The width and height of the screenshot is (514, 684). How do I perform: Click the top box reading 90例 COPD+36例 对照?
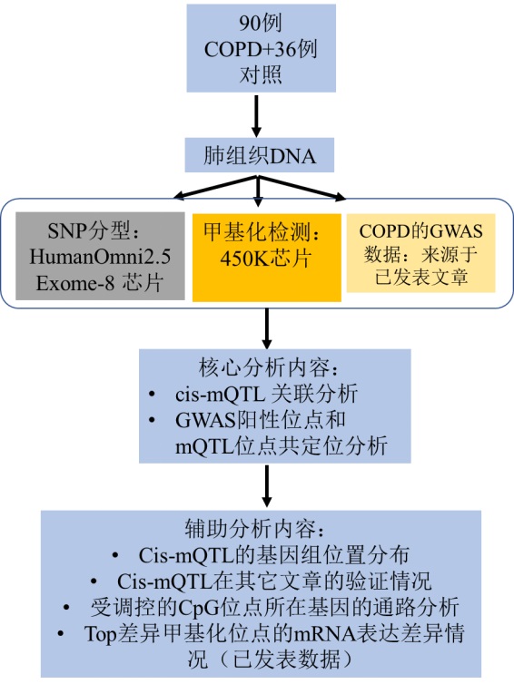coord(262,48)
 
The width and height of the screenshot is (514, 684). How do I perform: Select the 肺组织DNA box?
coord(260,155)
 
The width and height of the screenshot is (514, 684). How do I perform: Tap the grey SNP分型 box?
coord(100,256)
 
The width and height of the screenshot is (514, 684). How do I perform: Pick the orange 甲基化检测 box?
coord(267,258)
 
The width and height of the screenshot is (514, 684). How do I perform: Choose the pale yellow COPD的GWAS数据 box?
coord(421,253)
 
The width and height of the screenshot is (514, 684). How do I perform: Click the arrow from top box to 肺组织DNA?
coord(256,115)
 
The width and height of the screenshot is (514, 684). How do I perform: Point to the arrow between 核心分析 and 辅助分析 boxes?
coord(267,486)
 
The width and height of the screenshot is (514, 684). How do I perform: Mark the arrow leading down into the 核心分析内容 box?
coord(267,328)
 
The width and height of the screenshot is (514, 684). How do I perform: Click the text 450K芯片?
coord(265,259)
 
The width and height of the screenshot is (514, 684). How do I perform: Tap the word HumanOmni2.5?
coord(100,257)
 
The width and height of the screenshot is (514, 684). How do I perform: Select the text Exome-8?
coord(75,284)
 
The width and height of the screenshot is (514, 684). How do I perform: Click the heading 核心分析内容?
coord(269,367)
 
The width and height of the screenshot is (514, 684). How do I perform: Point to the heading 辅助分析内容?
coord(255,529)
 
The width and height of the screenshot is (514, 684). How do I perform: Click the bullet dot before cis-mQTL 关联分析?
coord(152,395)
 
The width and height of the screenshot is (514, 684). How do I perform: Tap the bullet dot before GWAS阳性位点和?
coord(152,421)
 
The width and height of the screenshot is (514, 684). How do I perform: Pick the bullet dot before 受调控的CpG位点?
coord(66,608)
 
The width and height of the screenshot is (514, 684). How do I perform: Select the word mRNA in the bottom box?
coord(324,634)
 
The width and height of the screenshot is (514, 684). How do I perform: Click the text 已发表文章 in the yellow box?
coord(421,277)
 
